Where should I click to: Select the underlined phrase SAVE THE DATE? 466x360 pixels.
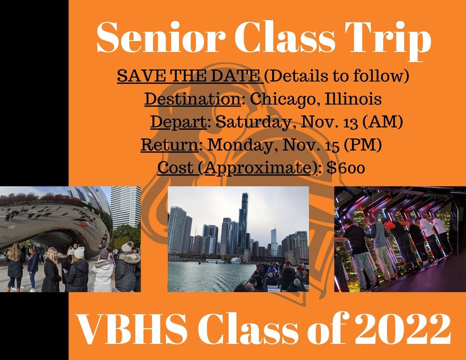(189, 76)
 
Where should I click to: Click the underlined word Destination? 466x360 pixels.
(192, 99)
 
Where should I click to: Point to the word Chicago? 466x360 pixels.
(285, 100)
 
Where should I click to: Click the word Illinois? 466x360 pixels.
(353, 99)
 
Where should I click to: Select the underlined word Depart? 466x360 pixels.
(178, 122)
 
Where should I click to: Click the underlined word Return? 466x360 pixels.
(169, 145)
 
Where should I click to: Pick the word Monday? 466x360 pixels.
(243, 146)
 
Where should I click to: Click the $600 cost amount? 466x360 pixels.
(346, 168)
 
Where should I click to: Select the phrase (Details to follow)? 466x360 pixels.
(336, 76)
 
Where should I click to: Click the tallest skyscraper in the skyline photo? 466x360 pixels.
(243, 223)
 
